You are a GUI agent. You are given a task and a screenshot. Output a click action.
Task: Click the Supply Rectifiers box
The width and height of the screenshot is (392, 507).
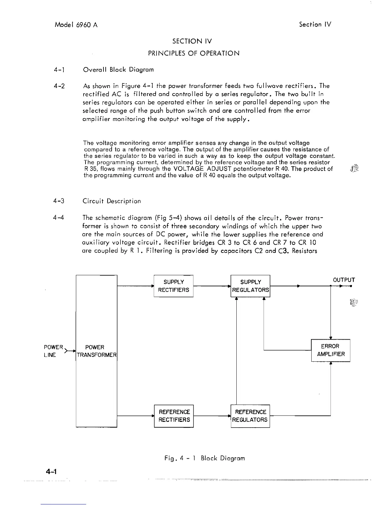tap(174, 286)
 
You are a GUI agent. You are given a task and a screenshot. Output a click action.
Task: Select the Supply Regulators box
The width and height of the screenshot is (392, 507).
tap(250, 286)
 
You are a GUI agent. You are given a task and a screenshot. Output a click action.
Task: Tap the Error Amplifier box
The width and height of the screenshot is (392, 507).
tap(331, 350)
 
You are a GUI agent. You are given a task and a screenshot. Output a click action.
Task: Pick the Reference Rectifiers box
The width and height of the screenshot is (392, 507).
tap(174, 416)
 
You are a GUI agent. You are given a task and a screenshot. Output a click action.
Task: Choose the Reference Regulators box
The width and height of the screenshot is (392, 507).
tap(250, 416)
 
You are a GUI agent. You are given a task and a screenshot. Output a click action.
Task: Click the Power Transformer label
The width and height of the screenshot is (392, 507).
tap(96, 351)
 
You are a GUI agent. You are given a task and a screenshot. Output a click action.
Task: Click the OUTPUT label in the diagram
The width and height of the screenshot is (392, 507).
tap(344, 280)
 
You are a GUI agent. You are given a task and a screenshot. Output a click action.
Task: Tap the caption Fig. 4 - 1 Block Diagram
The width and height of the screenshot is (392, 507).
tap(204, 458)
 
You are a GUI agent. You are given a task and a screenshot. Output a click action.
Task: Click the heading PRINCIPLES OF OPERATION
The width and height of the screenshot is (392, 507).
tap(194, 53)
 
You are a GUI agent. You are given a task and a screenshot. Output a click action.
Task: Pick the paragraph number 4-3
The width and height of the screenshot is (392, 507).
tap(59, 201)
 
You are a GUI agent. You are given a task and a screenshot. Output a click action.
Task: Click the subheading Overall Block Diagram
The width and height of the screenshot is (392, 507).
tap(118, 69)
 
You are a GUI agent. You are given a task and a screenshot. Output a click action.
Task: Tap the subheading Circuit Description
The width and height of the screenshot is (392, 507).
tap(111, 201)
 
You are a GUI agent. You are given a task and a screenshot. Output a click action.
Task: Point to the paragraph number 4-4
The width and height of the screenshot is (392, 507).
tap(59, 218)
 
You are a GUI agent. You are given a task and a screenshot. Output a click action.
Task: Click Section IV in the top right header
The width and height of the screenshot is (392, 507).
tap(315, 24)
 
